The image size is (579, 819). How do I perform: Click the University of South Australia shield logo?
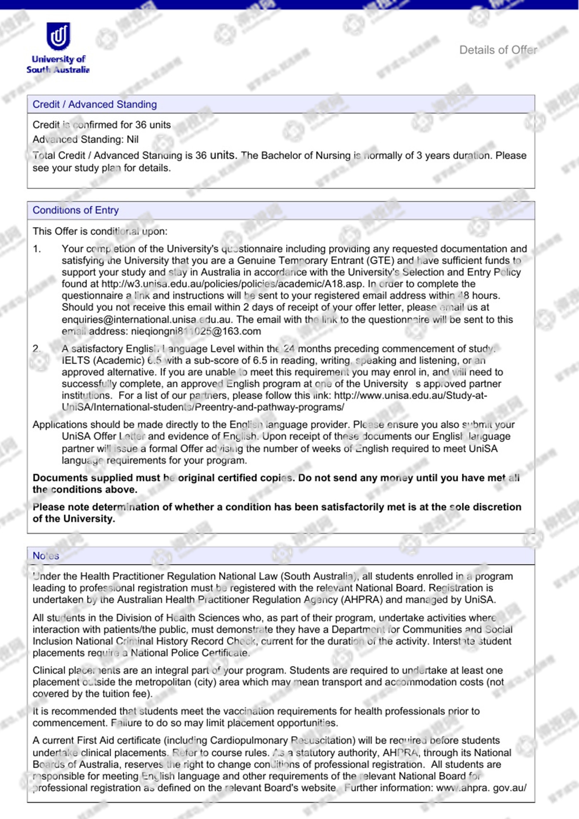pos(58,36)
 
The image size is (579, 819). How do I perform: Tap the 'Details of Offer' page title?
pos(498,50)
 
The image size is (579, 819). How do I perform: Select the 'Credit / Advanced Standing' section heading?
pos(95,104)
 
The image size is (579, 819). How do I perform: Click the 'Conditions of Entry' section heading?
pos(76,210)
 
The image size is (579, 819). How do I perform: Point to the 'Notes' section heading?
pos(46,556)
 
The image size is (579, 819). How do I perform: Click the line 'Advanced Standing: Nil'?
pos(86,139)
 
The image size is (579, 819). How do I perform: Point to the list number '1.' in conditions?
pos(37,249)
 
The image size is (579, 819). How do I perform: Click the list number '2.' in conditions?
pos(37,349)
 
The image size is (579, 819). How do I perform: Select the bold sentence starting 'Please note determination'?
pos(277,512)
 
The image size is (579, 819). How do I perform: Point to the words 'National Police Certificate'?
pos(190,653)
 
